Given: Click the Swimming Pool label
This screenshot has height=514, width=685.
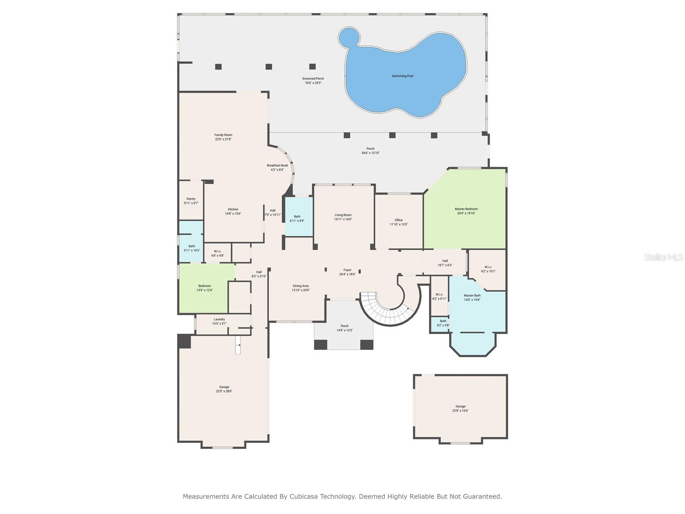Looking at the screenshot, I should tap(402, 76).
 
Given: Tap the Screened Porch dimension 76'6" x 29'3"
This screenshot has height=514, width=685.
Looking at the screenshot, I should tap(313, 83).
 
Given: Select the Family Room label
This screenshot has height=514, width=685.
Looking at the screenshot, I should tap(223, 135).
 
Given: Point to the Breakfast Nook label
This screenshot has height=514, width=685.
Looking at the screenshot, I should tap(277, 165).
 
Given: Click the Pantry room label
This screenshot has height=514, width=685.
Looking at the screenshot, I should tap(191, 199).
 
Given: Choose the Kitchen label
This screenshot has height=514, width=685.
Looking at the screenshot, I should tap(233, 209).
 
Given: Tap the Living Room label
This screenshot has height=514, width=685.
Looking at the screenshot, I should tap(343, 215).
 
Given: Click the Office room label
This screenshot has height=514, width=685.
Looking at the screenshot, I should tap(399, 220).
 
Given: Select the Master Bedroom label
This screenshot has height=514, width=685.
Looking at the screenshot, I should tap(466, 209).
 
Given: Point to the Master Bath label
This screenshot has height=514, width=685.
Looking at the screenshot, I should tap(472, 296).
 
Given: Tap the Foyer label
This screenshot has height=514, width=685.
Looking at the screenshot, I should tap(347, 270).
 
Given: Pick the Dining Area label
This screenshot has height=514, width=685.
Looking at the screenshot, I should tap(301, 286).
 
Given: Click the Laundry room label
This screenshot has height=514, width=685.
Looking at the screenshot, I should tap(219, 319).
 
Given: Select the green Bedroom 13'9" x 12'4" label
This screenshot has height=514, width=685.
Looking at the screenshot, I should tap(205, 286).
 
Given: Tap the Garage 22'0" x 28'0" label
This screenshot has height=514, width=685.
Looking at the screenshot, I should tap(224, 387).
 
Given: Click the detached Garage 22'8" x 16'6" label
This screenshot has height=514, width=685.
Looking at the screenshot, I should tap(460, 406).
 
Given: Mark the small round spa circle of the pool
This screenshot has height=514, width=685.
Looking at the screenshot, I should tap(349, 38).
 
